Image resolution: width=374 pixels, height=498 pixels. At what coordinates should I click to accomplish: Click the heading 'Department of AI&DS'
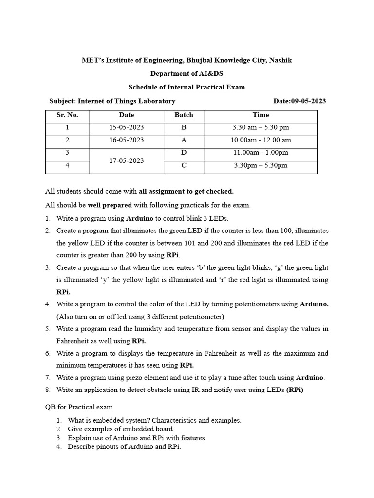tap(187, 74)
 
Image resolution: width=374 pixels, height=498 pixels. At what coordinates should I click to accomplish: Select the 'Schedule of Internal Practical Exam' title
tap(187, 88)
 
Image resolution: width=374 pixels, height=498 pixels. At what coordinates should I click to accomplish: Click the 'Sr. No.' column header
tap(67, 115)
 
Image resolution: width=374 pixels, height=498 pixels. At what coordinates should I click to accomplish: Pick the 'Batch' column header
tap(184, 115)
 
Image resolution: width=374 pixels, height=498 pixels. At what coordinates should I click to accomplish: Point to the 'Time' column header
tap(261, 115)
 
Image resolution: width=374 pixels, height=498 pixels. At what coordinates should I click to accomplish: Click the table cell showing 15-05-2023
tap(126, 127)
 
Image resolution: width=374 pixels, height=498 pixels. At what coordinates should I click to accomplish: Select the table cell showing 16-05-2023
tap(126, 140)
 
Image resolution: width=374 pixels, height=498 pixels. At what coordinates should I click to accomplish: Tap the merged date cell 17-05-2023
tap(126, 160)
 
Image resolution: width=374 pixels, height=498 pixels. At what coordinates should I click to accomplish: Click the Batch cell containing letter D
tap(184, 153)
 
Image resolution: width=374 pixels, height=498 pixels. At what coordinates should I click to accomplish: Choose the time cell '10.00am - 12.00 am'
tap(261, 140)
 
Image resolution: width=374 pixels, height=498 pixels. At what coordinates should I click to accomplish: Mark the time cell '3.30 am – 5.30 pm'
tap(261, 127)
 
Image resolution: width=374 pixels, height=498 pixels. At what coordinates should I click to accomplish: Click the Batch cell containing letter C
tap(184, 165)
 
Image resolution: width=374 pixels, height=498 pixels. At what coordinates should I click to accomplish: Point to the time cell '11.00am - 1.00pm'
tap(261, 153)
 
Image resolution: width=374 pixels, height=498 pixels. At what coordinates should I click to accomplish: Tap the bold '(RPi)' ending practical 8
tap(295, 390)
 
